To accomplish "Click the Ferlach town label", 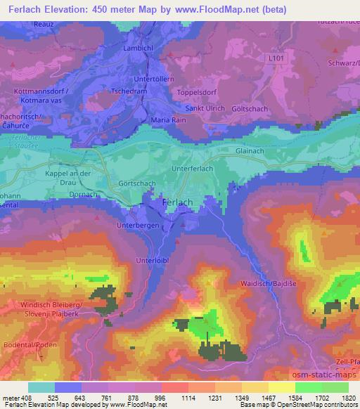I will pos(177,202).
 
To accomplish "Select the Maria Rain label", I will pos(169,120).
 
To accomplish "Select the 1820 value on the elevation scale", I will pos(349,397).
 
